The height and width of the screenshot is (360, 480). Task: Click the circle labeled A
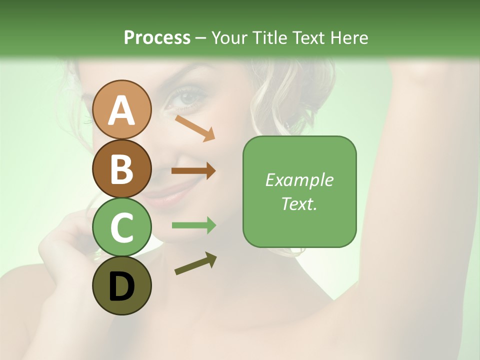tap(121, 110)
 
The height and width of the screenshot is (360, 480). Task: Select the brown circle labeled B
tap(121, 168)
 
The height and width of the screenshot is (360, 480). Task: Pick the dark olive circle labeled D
tap(121, 285)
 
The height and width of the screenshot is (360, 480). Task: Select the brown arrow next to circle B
tap(193, 171)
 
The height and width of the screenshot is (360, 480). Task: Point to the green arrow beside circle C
tap(193, 225)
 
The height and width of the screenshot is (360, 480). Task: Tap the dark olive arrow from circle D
tap(195, 263)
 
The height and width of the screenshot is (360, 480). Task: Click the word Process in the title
tap(157, 37)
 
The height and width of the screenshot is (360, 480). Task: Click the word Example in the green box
tap(299, 180)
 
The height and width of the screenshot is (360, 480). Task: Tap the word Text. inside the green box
tap(299, 203)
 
